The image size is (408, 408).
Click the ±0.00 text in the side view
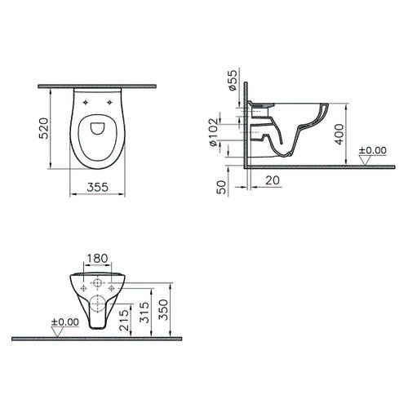tap(373, 150)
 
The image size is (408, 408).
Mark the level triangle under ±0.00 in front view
tap(56, 331)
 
